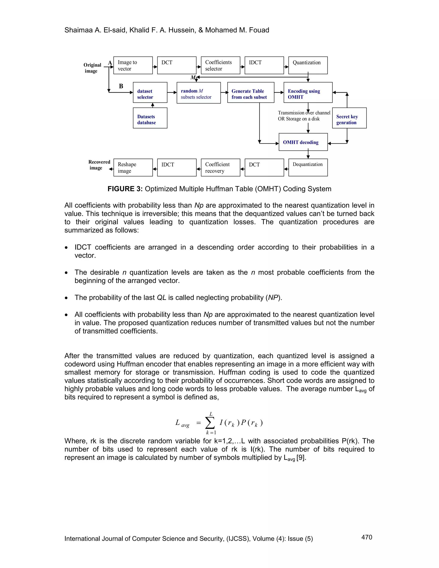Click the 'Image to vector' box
point(133,65)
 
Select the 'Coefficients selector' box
point(220,65)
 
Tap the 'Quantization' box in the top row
point(308,65)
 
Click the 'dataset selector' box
point(150,93)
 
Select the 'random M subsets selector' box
point(198,93)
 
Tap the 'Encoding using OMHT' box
point(308,93)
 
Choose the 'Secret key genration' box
point(349,118)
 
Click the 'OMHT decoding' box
point(303,142)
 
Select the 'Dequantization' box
point(308,167)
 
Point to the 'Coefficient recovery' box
point(220,167)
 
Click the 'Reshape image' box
point(133,167)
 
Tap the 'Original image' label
point(92,68)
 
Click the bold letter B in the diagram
point(121,86)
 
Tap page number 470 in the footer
point(367,537)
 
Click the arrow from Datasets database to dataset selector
point(153,105)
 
